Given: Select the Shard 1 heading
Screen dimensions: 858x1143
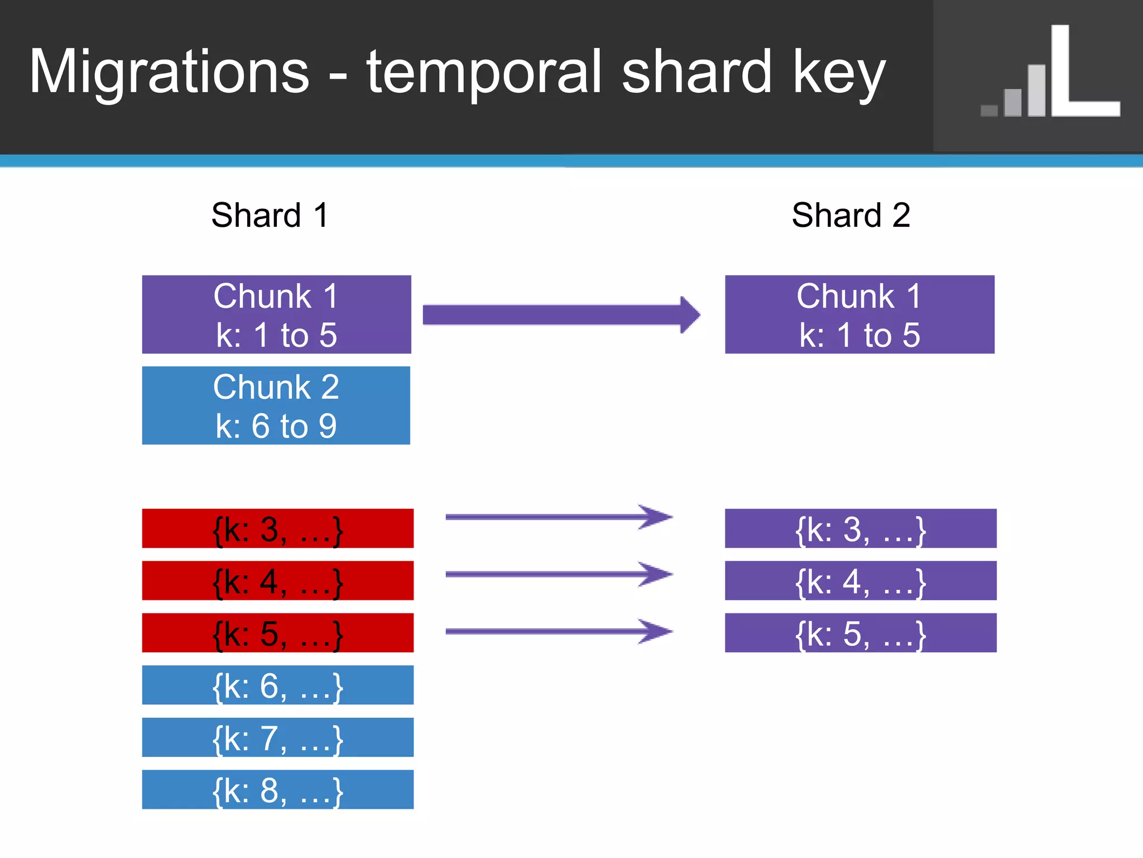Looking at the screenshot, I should click(x=270, y=215).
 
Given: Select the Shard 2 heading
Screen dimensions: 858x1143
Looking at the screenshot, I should click(x=851, y=215).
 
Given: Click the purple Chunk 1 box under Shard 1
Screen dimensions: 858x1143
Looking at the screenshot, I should click(x=276, y=314).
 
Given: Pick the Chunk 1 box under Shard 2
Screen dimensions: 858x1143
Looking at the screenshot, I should click(x=859, y=314).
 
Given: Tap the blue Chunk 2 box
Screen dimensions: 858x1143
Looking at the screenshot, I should click(x=276, y=406).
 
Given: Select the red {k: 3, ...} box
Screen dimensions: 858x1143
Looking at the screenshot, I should click(x=277, y=528).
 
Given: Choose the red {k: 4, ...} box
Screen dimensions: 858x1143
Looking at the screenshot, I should click(x=277, y=581).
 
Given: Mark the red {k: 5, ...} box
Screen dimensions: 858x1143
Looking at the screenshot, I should click(x=277, y=633).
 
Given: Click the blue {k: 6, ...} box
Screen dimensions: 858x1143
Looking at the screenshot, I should click(x=277, y=685).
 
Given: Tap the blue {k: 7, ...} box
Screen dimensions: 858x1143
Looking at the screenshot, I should click(x=277, y=737).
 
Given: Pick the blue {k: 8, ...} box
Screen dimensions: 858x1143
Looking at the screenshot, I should click(x=277, y=789).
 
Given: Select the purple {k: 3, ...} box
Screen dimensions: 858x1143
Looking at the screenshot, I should click(x=860, y=528).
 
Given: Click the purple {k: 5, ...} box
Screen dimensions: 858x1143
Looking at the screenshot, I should click(x=860, y=633).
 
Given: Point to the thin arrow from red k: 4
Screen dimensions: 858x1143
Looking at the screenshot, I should click(x=558, y=574).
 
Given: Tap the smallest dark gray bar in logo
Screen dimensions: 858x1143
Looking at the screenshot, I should click(x=989, y=111).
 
